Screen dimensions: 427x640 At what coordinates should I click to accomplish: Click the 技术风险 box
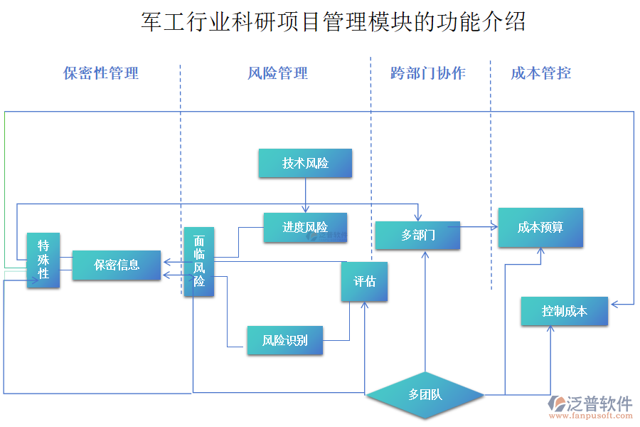[x=305, y=163]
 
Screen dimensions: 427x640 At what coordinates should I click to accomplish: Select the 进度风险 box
[x=305, y=228]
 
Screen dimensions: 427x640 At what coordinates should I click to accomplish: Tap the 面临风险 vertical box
[x=199, y=262]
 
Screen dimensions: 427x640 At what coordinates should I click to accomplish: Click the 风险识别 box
[x=284, y=340]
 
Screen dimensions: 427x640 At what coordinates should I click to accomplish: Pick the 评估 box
[x=365, y=282]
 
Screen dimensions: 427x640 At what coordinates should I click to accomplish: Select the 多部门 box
[x=417, y=235]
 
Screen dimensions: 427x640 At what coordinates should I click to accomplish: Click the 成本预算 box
[x=540, y=228]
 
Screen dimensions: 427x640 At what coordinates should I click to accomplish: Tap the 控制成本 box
[x=565, y=311]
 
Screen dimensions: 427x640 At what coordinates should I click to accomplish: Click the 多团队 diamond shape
[x=425, y=394]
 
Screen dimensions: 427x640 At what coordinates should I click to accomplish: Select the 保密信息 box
[x=117, y=265]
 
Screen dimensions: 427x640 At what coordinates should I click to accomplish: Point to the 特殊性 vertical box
[x=43, y=260]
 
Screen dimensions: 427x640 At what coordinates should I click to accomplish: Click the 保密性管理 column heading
[x=101, y=73]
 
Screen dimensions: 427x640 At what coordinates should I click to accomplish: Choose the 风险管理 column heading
[x=278, y=73]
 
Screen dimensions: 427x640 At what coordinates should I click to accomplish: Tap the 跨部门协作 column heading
[x=428, y=73]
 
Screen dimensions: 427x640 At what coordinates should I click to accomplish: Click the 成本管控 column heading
[x=541, y=73]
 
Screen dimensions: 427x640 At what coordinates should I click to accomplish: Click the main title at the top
[x=334, y=22]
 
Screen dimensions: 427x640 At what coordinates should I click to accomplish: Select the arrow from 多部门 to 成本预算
[x=479, y=228]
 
